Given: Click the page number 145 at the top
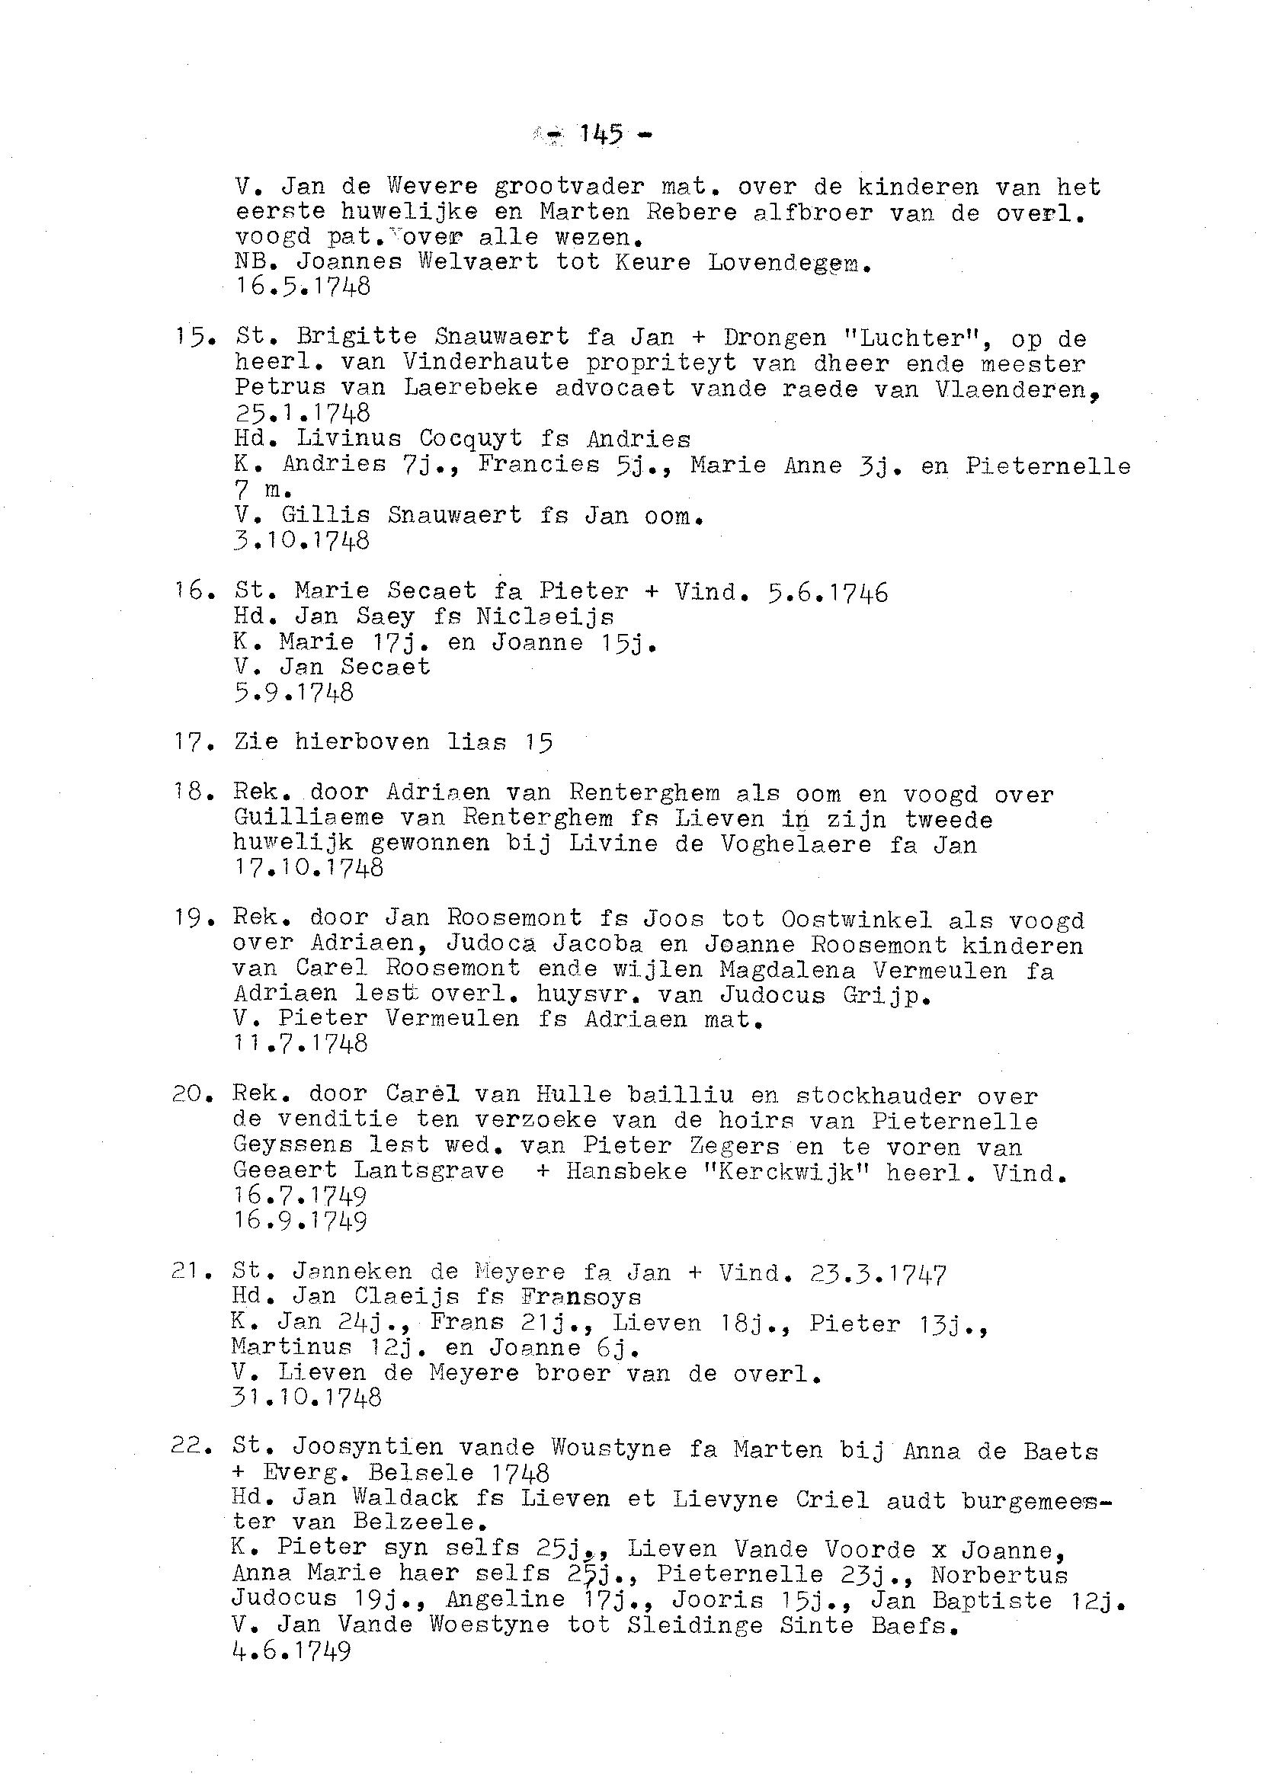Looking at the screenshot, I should click(601, 134).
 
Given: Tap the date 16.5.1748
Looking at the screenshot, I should click(303, 287).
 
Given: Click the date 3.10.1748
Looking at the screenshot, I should click(302, 540).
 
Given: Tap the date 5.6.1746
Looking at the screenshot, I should click(827, 593).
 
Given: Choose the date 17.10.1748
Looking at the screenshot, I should click(309, 868).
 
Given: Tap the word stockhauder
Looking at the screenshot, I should click(878, 1096).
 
